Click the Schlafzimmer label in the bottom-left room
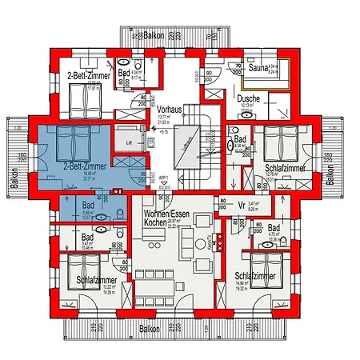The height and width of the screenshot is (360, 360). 98,282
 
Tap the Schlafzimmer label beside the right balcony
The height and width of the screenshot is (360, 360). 285,168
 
